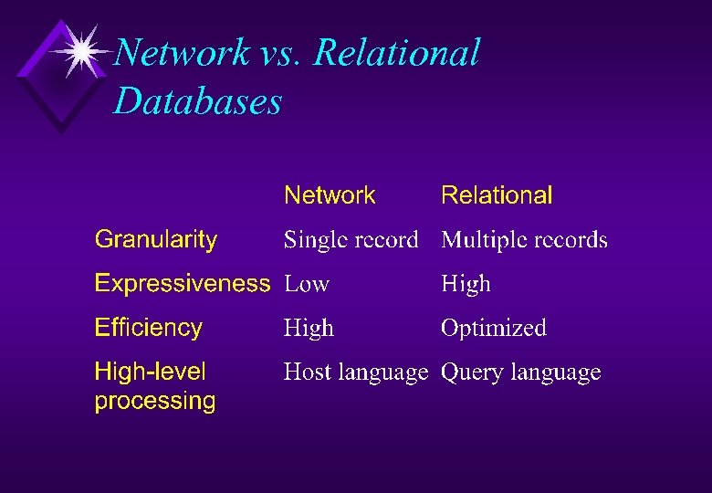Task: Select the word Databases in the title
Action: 197,100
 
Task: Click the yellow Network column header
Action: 330,195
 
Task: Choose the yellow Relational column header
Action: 497,195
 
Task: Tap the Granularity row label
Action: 156,240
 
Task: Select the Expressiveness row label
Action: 183,284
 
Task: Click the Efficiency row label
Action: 149,328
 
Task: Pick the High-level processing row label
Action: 155,386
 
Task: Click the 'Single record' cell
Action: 351,240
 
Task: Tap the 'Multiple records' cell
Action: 524,240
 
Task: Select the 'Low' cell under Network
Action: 306,284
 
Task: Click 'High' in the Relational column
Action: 466,284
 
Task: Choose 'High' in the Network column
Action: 309,328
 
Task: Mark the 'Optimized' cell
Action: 493,328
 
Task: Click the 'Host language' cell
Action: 355,372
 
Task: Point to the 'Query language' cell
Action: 520,372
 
